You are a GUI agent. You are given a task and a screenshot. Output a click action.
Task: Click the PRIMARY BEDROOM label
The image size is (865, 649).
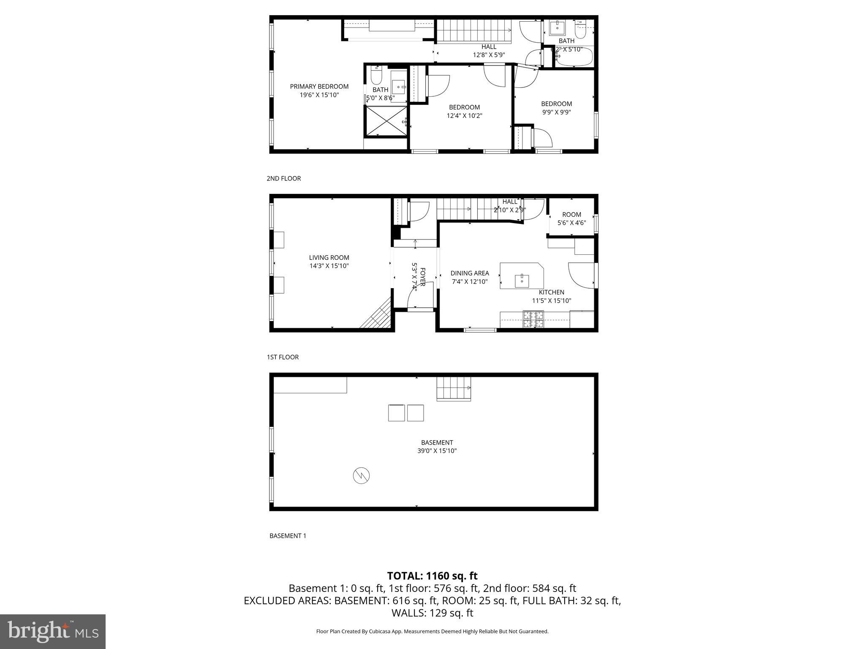319,87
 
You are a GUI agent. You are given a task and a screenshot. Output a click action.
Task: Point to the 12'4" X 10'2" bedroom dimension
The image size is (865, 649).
464,115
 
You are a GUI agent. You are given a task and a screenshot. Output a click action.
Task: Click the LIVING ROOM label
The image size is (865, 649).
329,257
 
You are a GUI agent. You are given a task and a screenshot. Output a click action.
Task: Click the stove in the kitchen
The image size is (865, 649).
533,319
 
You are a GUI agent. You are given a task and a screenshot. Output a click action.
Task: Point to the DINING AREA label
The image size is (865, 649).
470,273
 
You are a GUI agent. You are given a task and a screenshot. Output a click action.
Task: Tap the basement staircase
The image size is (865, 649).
454,388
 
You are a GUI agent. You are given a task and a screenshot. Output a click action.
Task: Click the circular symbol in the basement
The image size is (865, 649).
361,476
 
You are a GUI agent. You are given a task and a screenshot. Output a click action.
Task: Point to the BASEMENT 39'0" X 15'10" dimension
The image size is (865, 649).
437,451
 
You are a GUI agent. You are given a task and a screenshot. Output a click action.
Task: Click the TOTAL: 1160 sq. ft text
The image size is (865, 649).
432,575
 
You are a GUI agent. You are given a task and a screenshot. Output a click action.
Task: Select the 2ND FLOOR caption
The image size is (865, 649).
283,178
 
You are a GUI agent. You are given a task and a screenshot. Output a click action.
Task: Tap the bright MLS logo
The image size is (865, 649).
53,631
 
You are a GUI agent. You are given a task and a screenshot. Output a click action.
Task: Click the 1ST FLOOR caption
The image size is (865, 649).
283,357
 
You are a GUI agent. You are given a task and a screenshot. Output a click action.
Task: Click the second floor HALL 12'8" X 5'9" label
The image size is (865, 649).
489,51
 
